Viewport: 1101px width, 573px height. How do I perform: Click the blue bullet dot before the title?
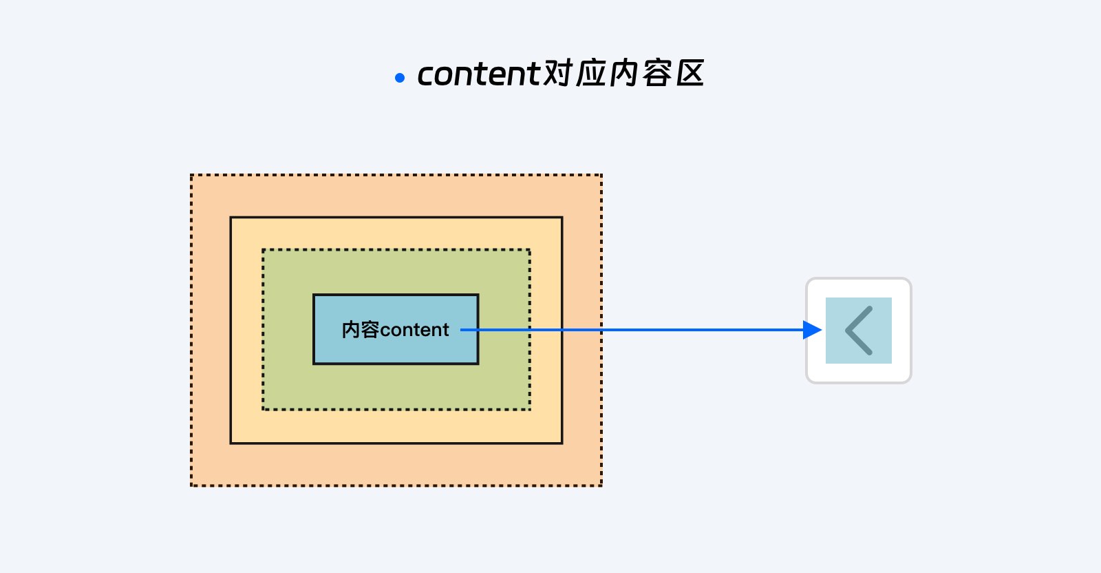pyautogui.click(x=400, y=78)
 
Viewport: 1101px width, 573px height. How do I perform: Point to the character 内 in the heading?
pyautogui.click(x=623, y=74)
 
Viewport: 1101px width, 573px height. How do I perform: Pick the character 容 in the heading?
pyautogui.click(x=656, y=74)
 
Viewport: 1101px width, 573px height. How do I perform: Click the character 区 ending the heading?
pyautogui.click(x=690, y=74)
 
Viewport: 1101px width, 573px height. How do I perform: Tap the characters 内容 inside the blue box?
pyautogui.click(x=361, y=329)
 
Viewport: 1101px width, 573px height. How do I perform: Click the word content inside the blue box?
pyautogui.click(x=414, y=330)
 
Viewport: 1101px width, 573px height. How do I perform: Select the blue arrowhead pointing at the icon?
pyautogui.click(x=812, y=330)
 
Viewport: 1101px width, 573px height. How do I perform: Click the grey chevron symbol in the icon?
pyautogui.click(x=859, y=331)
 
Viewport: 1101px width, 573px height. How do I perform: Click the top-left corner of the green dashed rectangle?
pyautogui.click(x=264, y=250)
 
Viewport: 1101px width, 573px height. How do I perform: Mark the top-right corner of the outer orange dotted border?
pyautogui.click(x=601, y=175)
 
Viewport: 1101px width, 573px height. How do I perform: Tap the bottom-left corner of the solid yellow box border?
pyautogui.click(x=231, y=443)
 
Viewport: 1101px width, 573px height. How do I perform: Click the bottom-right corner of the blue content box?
pyautogui.click(x=478, y=364)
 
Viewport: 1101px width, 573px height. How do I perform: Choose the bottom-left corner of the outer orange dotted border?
pyautogui.click(x=192, y=486)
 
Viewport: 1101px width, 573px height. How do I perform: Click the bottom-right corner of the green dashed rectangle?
pyautogui.click(x=529, y=408)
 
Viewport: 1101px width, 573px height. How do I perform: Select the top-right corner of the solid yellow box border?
pyautogui.click(x=562, y=218)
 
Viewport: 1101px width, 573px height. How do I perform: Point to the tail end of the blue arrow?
pyautogui.click(x=460, y=330)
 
